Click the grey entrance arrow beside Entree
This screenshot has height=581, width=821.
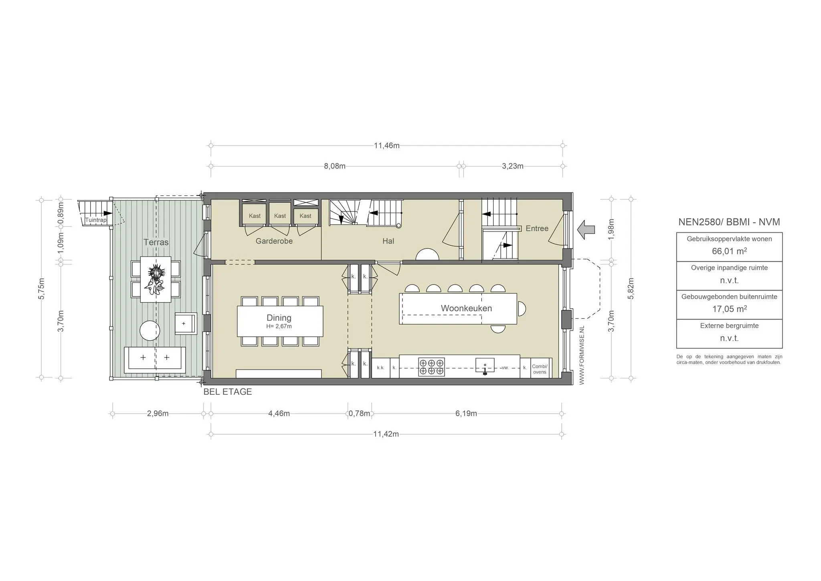(x=586, y=230)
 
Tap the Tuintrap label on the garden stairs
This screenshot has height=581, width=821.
(x=96, y=220)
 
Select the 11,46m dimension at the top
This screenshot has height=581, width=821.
(x=387, y=146)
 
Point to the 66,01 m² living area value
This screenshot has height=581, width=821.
(x=729, y=251)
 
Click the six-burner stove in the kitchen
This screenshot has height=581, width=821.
(x=431, y=367)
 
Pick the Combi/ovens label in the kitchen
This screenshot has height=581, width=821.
(x=540, y=369)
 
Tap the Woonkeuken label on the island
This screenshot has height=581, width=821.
(x=466, y=308)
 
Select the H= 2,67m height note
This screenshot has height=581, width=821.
(x=279, y=327)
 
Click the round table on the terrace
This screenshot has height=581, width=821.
(x=150, y=331)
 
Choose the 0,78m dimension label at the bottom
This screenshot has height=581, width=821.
(x=359, y=413)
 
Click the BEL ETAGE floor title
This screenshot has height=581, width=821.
(x=228, y=392)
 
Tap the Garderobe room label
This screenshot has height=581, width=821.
(x=274, y=241)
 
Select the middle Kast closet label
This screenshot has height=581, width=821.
(x=280, y=216)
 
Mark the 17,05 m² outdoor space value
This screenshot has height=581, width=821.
(x=729, y=309)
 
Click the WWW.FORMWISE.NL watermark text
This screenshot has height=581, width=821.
(x=582, y=355)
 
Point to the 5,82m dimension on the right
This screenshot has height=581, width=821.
(x=631, y=288)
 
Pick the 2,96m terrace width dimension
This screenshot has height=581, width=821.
(x=158, y=413)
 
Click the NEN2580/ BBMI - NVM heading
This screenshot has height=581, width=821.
(x=729, y=222)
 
